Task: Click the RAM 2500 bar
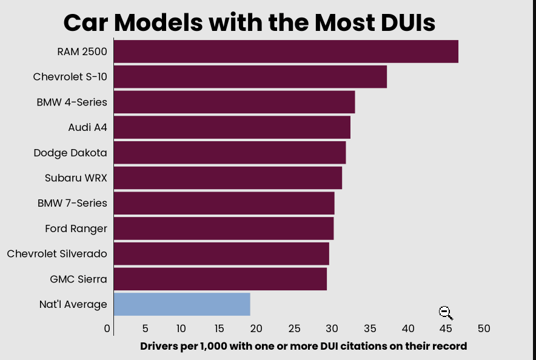click(x=286, y=52)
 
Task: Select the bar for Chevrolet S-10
click(x=250, y=77)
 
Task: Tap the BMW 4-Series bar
click(x=234, y=102)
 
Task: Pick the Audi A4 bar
click(x=232, y=127)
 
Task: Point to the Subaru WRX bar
click(x=227, y=178)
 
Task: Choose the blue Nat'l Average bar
click(x=182, y=304)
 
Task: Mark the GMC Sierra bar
click(x=220, y=279)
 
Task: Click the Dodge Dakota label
click(x=70, y=153)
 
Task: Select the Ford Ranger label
click(x=76, y=228)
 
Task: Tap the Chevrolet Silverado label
click(x=57, y=254)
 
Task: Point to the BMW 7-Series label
click(x=72, y=203)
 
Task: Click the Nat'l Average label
click(x=73, y=304)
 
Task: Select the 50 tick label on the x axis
click(x=483, y=328)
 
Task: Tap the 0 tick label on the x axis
click(x=107, y=328)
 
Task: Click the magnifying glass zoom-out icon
click(x=446, y=313)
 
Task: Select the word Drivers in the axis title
click(x=158, y=346)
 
